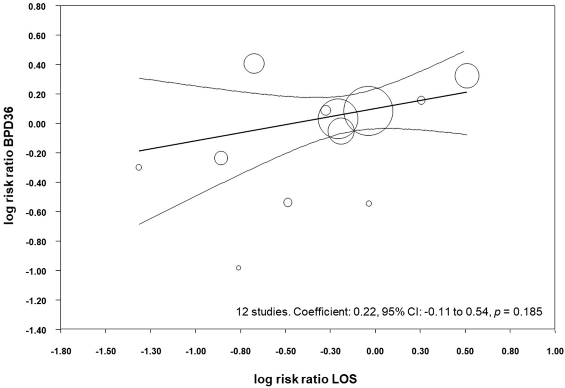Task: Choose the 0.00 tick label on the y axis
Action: [43, 123]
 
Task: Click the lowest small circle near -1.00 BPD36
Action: [239, 268]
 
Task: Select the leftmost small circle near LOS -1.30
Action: [138, 167]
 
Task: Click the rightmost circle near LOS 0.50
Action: [467, 75]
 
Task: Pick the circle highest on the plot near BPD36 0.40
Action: [254, 64]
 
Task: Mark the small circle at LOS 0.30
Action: [421, 100]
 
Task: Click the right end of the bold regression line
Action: [466, 92]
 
